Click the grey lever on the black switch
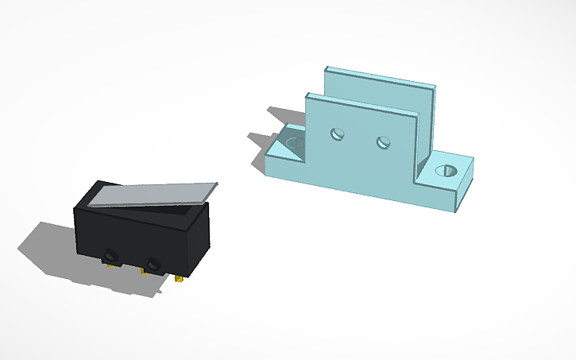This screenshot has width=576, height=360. coord(151,194)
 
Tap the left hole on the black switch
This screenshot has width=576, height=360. coord(110,255)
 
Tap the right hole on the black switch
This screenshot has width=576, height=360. coord(153,263)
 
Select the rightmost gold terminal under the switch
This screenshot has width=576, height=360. coord(184,278)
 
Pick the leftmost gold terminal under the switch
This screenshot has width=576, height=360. coord(109,265)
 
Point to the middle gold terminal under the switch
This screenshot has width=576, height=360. coord(145,272)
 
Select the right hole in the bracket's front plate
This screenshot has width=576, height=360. coord(384,143)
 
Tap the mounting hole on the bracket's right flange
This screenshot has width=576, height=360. coord(446,170)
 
